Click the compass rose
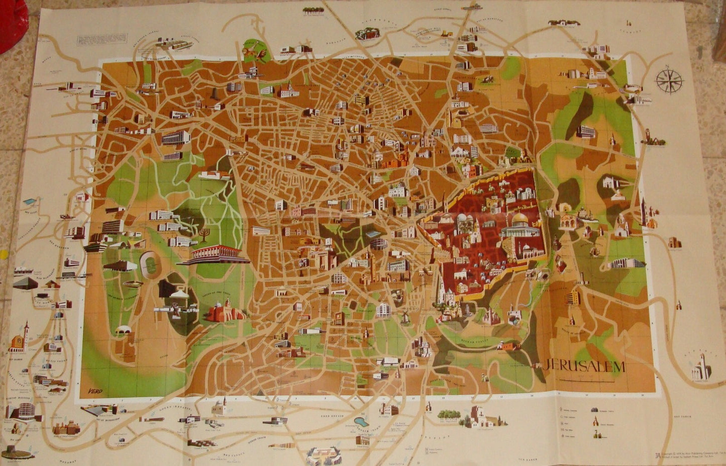coord(669,81)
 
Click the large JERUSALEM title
coord(584,366)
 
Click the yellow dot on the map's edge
coord(3,253)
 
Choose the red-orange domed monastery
coord(225,312)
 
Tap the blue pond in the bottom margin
coord(361,421)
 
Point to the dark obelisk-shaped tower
coord(215,94)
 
